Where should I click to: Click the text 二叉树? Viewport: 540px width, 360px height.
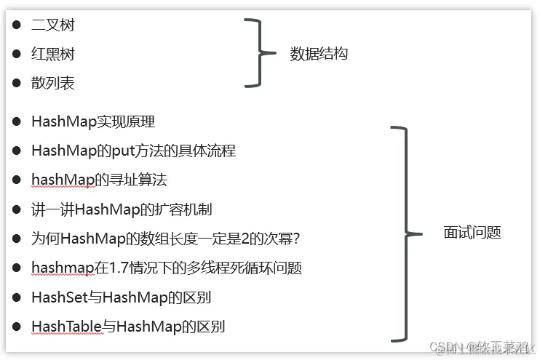click(53, 25)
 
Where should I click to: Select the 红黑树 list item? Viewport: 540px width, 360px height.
click(53, 55)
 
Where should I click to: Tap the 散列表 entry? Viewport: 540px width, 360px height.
click(53, 84)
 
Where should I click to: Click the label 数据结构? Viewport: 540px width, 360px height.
click(319, 54)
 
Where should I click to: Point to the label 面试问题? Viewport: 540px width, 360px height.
click(472, 233)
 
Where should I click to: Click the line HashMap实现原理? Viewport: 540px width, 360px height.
click(93, 122)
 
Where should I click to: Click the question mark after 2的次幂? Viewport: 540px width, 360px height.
click(296, 239)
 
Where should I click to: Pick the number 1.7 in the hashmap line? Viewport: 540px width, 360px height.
click(119, 268)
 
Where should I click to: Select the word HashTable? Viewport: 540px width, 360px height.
click(65, 327)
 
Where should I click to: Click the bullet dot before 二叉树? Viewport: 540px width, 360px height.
click(17, 25)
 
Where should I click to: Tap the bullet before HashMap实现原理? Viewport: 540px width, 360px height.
click(17, 122)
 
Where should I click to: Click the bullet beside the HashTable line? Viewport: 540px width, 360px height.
click(17, 327)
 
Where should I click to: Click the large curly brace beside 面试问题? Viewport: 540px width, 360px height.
click(403, 233)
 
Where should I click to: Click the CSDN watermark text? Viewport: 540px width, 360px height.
click(445, 347)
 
